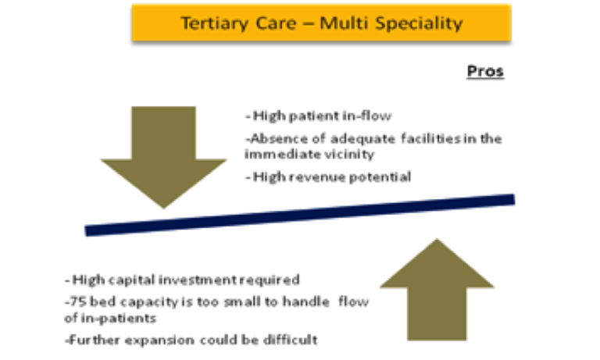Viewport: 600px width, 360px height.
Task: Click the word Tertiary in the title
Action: (x=215, y=23)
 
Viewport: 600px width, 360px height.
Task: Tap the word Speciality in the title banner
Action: (x=419, y=23)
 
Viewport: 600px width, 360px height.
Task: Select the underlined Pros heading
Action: (x=485, y=71)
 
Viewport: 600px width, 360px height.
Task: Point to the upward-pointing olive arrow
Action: (x=437, y=290)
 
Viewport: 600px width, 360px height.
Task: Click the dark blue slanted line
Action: (x=300, y=215)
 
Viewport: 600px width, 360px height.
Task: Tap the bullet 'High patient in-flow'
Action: (x=319, y=116)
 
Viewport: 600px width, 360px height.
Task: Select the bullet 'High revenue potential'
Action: (x=328, y=176)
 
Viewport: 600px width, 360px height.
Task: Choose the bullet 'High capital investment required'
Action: (x=182, y=280)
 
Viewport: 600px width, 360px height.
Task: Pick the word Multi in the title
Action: (x=344, y=23)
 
